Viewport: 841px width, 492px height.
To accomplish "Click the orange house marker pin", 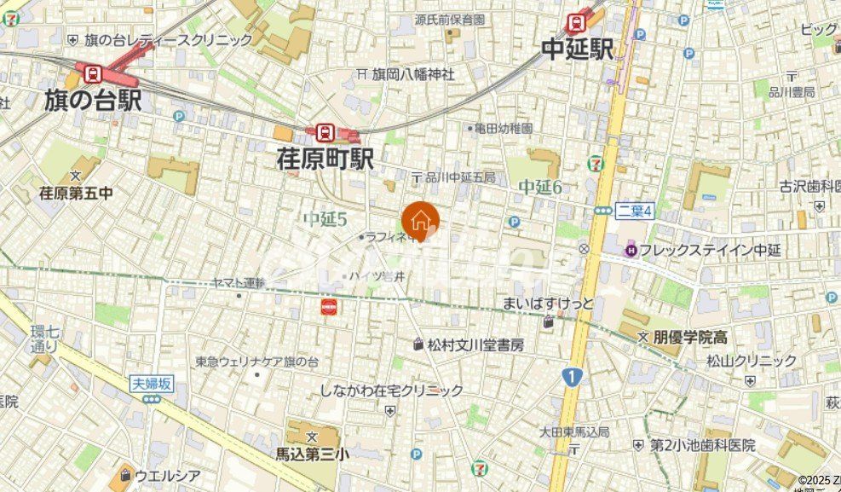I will pyautogui.click(x=420, y=221).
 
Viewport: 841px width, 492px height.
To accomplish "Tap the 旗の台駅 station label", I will pyautogui.click(x=93, y=101).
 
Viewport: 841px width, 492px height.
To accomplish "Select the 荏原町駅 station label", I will pyautogui.click(x=325, y=158).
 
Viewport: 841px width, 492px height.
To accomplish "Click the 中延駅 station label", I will pyautogui.click(x=578, y=49).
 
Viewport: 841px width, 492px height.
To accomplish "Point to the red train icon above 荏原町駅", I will pyautogui.click(x=324, y=132).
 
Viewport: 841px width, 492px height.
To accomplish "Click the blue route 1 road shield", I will pyautogui.click(x=570, y=376).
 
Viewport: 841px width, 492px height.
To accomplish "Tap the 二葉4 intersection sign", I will pyautogui.click(x=635, y=211).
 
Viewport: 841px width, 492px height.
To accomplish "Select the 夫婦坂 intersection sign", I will pyautogui.click(x=152, y=384).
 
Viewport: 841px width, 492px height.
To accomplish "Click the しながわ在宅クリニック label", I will pyautogui.click(x=392, y=391).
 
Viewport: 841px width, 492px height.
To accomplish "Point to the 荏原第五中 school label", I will pyautogui.click(x=76, y=194).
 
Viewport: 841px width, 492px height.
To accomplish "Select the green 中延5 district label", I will pyautogui.click(x=325, y=219).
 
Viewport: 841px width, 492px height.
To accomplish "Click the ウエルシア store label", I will pyautogui.click(x=167, y=475).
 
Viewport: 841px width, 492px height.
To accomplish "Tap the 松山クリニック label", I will pyautogui.click(x=752, y=361).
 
